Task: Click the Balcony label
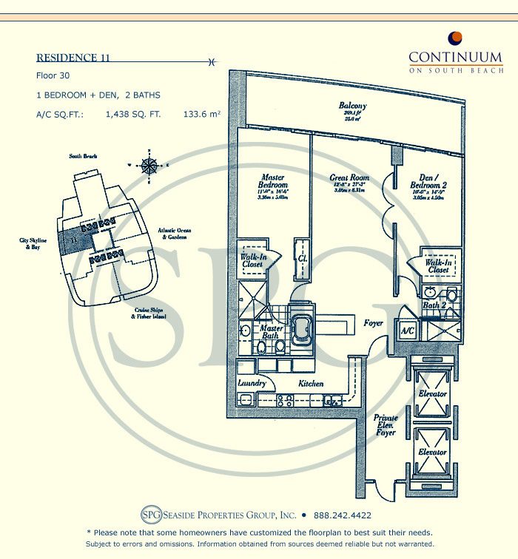pyautogui.click(x=353, y=106)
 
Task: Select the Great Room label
pyautogui.click(x=349, y=178)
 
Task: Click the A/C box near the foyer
pyautogui.click(x=406, y=329)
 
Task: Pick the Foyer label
pyautogui.click(x=374, y=322)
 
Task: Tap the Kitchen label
pyautogui.click(x=312, y=384)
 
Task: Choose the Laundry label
pyautogui.click(x=252, y=384)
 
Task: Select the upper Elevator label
pyautogui.click(x=432, y=394)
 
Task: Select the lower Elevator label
pyautogui.click(x=432, y=452)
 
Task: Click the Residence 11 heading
pyautogui.click(x=74, y=58)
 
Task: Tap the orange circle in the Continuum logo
pyautogui.click(x=456, y=37)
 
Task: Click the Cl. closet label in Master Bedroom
pyautogui.click(x=303, y=259)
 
